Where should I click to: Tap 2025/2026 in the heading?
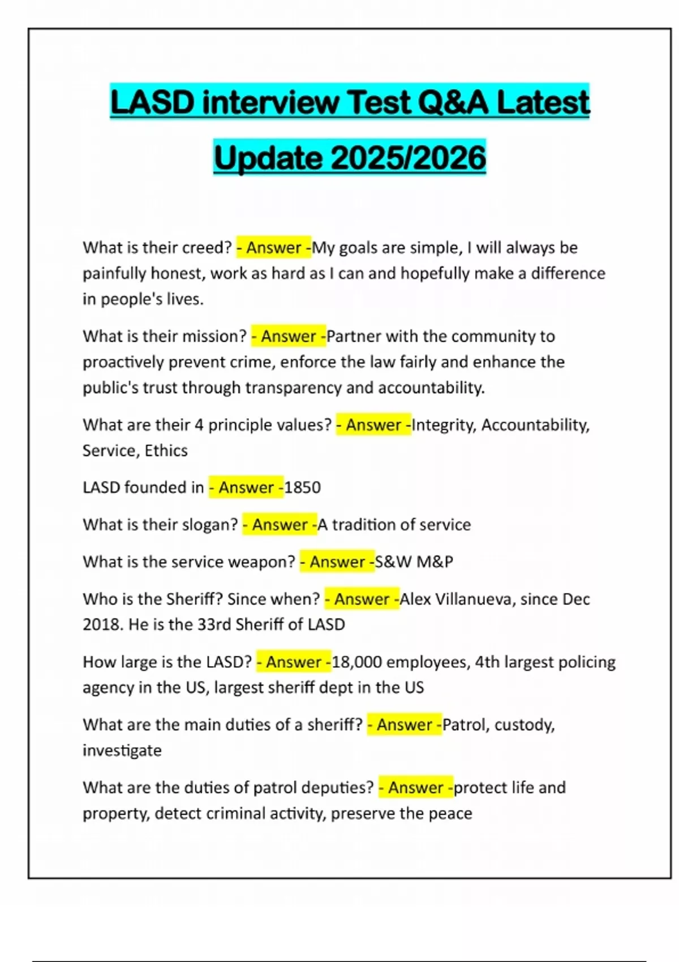click(408, 157)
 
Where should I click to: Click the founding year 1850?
click(302, 487)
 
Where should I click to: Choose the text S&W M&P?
click(414, 562)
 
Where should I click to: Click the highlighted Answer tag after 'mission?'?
click(289, 336)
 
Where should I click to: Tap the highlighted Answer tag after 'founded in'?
click(246, 487)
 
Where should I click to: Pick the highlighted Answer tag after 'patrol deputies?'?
click(416, 788)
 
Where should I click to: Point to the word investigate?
click(122, 750)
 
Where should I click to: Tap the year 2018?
click(102, 625)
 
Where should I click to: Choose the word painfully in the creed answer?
click(116, 273)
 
